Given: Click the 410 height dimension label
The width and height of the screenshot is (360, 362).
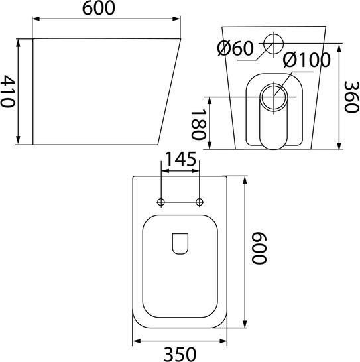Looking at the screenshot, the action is (x=7, y=91).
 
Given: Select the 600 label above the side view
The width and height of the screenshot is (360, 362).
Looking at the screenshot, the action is (x=99, y=9).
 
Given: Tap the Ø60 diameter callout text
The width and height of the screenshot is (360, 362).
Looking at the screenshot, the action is (x=235, y=48).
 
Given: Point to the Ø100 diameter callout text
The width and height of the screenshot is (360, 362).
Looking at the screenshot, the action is (x=307, y=60).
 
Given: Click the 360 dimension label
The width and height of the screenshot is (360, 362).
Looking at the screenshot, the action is (x=351, y=97).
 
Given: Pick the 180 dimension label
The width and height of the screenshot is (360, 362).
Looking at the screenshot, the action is (x=198, y=124).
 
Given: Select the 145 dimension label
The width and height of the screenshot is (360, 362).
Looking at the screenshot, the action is (x=181, y=159).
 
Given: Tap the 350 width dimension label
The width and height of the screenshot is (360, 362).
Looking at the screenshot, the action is (x=180, y=354).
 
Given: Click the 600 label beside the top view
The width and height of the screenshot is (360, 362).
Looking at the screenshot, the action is (x=259, y=248).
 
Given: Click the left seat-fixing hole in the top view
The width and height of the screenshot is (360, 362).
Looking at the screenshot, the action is (x=161, y=202).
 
